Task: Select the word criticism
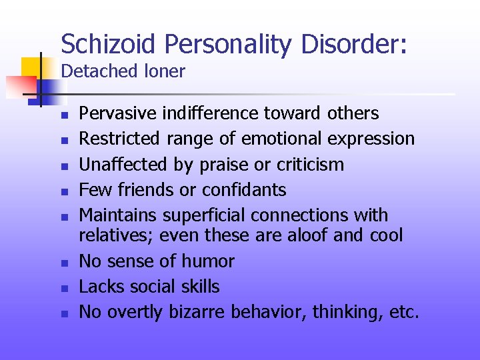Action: pos(313,164)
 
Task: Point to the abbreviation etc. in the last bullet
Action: pos(403,312)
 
